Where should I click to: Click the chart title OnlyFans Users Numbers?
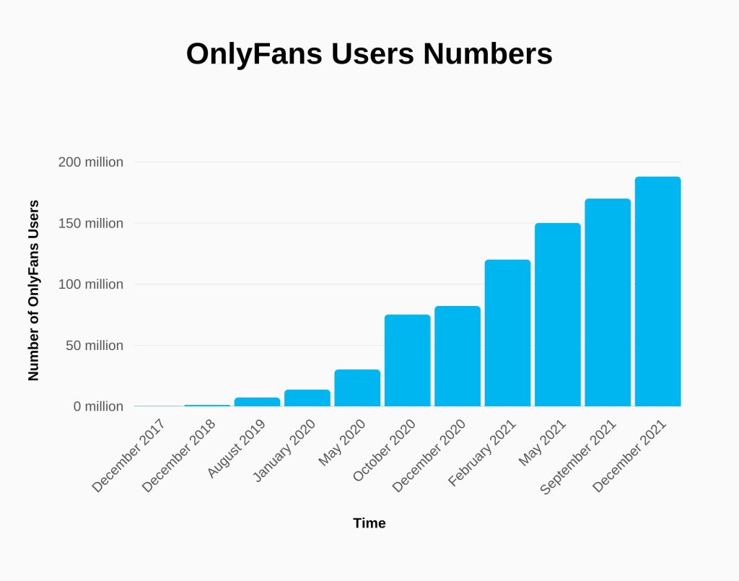pos(369,54)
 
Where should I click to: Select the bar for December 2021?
pos(657,292)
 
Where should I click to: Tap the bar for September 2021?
pos(608,302)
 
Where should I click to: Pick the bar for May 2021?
pos(557,315)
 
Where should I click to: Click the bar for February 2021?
pos(507,333)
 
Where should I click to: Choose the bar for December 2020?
pos(458,356)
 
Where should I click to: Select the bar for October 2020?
pos(407,360)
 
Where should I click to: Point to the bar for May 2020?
pos(357,388)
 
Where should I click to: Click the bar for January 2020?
pos(307,398)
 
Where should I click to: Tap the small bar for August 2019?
pos(257,401)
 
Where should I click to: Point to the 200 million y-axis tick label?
pos(91,162)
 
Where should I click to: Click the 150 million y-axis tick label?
pos(91,224)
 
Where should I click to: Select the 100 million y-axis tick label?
pos(91,284)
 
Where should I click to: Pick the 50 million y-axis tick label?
pos(94,346)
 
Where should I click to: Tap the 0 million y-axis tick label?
pos(97,407)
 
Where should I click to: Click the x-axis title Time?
pos(369,523)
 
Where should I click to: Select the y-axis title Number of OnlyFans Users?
pos(33,290)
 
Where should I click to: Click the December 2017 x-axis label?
pos(129,456)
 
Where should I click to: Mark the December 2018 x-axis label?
pos(179,456)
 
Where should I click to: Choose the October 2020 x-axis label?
pos(384,453)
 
